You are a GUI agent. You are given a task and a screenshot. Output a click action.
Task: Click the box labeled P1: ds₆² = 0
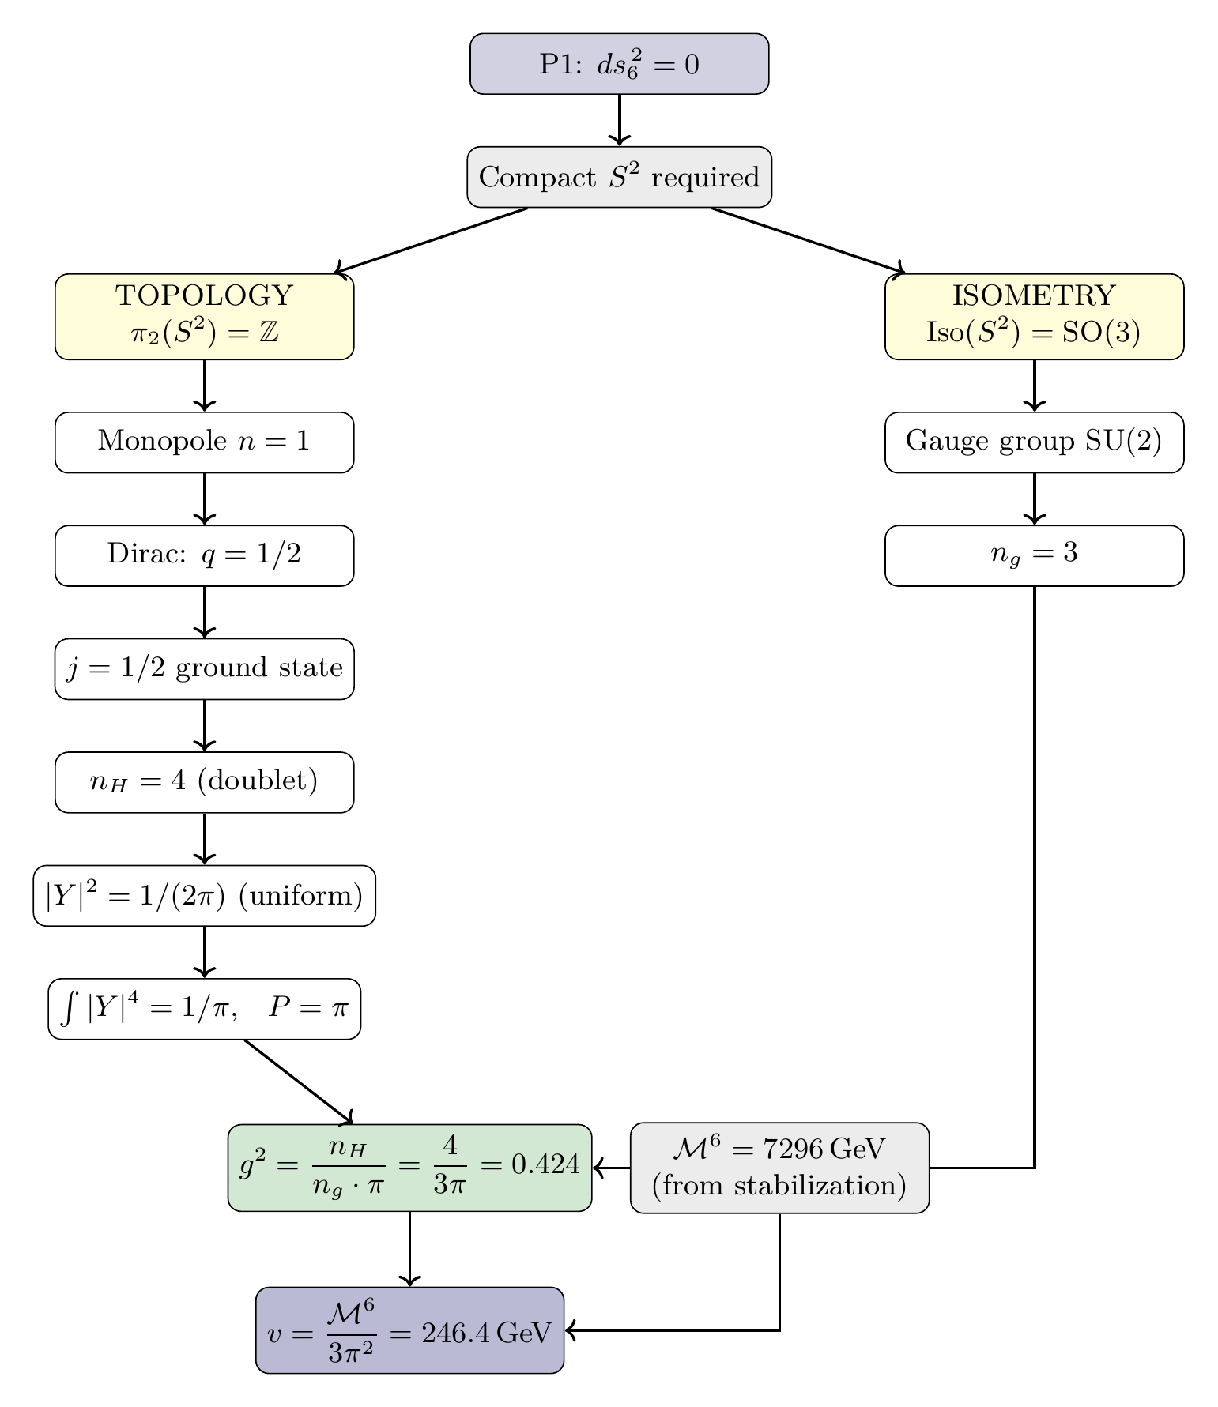[619, 64]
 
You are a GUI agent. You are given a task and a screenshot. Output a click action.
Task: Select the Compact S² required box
[619, 177]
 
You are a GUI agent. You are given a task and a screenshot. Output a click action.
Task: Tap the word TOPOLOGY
[204, 296]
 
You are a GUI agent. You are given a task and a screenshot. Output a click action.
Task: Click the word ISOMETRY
[1034, 296]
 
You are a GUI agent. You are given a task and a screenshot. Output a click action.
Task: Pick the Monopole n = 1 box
[204, 442]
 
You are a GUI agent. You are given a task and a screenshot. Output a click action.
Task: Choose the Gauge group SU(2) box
[1034, 442]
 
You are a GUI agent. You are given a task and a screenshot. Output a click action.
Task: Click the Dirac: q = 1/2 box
[204, 555]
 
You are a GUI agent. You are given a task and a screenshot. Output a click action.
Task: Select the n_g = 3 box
[1034, 555]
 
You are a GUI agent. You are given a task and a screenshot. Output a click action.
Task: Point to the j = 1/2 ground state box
[204, 669]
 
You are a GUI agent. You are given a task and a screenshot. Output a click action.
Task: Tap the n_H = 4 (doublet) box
[204, 782]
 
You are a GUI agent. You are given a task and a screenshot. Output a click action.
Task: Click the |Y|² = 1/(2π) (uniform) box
[204, 896]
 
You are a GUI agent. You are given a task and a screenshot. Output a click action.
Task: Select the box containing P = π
[204, 1009]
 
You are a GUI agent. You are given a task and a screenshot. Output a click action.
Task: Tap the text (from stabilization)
[779, 1186]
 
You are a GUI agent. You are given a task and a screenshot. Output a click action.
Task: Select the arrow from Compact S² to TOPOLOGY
[431, 240]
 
